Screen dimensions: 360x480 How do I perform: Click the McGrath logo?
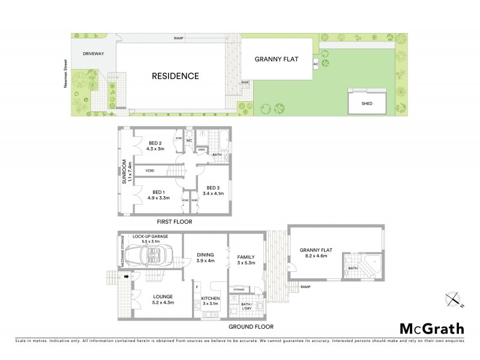pyautogui.click(x=431, y=328)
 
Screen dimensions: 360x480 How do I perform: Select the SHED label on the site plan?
pyautogui.click(x=367, y=103)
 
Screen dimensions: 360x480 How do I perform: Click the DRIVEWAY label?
pyautogui.click(x=86, y=53)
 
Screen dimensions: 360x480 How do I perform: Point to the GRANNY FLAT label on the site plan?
pyautogui.click(x=277, y=59)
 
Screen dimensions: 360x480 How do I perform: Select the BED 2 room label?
pyautogui.click(x=155, y=143)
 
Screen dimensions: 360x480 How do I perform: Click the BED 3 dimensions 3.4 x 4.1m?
pyautogui.click(x=213, y=193)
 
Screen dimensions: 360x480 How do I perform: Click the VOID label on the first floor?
pyautogui.click(x=150, y=171)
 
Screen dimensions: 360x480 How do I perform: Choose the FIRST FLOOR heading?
pyautogui.click(x=173, y=221)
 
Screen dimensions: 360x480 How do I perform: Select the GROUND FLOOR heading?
pyautogui.click(x=250, y=327)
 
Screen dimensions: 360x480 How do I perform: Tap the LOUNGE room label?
pyautogui.click(x=163, y=296)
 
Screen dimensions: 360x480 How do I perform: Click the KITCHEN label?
pyautogui.click(x=210, y=298)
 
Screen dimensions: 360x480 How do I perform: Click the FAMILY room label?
pyautogui.click(x=246, y=256)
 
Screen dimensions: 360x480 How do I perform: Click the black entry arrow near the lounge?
pyautogui.click(x=125, y=277)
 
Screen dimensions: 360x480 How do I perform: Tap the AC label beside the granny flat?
pyautogui.click(x=316, y=63)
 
